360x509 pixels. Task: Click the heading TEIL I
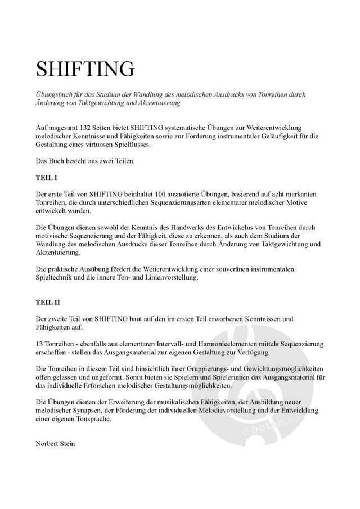coord(46,177)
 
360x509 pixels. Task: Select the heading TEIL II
coord(48,303)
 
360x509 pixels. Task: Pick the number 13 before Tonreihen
coord(39,343)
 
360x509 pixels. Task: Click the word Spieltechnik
coord(56,278)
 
